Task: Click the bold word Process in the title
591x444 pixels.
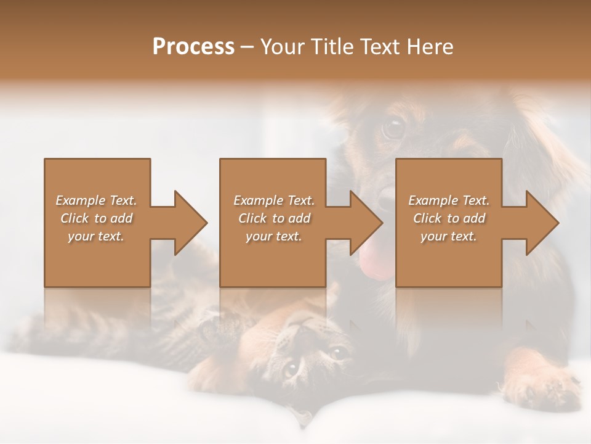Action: coord(193,47)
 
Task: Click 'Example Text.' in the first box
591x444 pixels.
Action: coord(97,200)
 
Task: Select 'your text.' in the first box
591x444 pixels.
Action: coord(97,236)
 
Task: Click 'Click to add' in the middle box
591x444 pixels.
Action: coord(274,218)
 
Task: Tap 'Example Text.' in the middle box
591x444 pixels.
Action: coord(274,200)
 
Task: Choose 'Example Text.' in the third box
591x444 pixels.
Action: coord(449,200)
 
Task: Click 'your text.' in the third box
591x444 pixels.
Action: coord(449,236)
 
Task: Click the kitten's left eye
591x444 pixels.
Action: coord(291,370)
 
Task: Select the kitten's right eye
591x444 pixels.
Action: coord(336,353)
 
